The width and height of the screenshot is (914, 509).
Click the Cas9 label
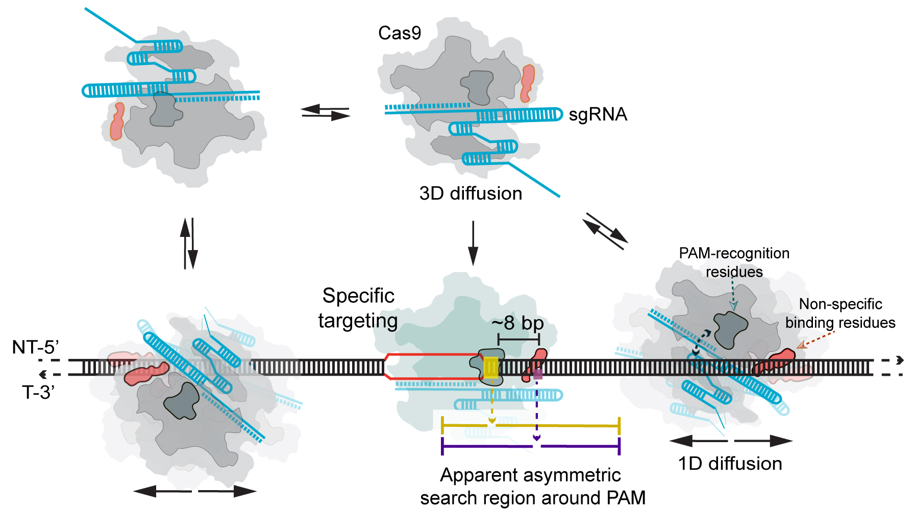400,33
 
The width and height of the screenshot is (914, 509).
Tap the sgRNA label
598,114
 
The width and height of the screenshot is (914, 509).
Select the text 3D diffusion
471,193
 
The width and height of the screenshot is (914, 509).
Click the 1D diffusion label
730,464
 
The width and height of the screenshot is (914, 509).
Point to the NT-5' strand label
35,347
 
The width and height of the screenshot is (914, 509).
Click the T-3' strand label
38,392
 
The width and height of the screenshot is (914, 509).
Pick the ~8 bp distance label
517,323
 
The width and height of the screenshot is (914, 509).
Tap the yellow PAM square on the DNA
491,368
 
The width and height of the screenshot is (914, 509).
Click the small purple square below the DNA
537,374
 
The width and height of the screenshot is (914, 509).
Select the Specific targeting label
358,308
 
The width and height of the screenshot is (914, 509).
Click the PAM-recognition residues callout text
734,262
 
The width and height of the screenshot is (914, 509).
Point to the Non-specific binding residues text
840,313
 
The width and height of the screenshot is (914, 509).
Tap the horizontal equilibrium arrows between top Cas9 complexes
326,112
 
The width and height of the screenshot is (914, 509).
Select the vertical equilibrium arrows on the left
189,244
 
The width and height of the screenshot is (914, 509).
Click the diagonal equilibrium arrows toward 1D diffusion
605,231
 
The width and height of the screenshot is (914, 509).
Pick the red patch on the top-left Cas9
117,121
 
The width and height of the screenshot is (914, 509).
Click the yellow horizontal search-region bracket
530,425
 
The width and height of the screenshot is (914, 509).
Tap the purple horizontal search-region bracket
530,447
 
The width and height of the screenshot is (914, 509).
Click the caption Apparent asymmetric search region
532,486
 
